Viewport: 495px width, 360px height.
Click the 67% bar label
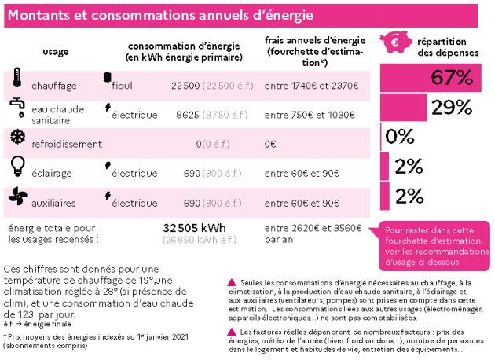(x=452, y=78)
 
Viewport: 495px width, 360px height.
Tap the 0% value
(x=400, y=137)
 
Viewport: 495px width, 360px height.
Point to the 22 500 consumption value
(x=185, y=85)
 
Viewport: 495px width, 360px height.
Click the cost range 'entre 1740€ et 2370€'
(x=312, y=85)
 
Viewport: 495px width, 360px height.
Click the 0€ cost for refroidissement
(x=270, y=144)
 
